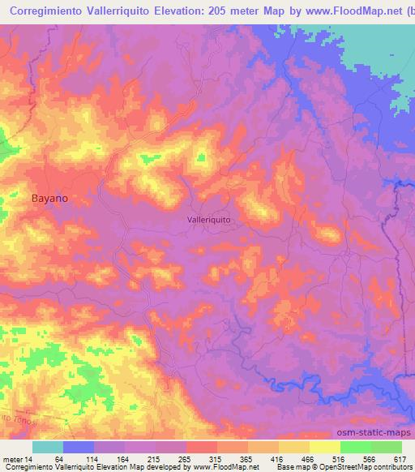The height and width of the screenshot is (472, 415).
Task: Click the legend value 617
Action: click(400, 459)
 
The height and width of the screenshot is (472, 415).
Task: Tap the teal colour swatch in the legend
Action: click(47, 447)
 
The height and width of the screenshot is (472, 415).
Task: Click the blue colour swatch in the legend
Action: click(78, 447)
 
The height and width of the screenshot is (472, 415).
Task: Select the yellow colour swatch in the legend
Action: click(324, 447)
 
